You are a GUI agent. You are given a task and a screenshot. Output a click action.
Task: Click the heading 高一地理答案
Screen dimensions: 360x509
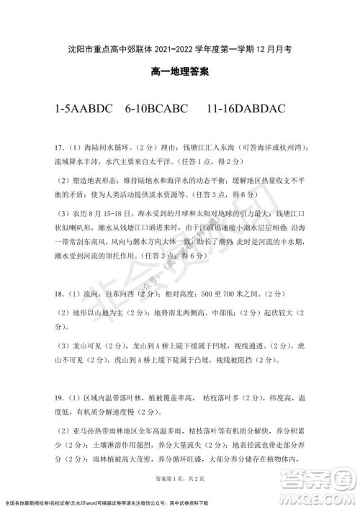[180, 72]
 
